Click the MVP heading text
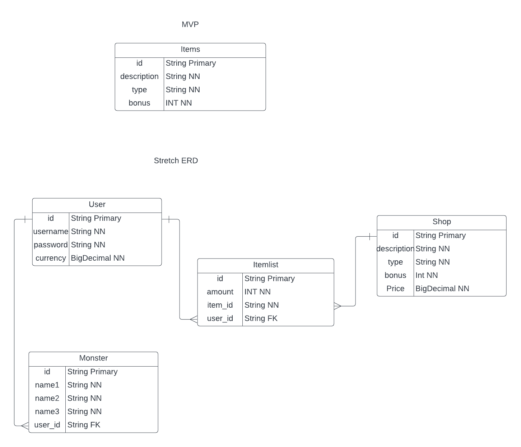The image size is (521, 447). click(x=190, y=24)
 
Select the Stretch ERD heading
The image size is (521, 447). click(x=176, y=160)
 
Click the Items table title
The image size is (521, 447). click(x=190, y=50)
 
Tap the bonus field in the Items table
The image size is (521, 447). click(x=139, y=103)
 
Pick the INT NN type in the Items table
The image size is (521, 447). click(x=178, y=103)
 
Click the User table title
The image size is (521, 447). click(x=97, y=204)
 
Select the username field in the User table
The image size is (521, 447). click(x=51, y=232)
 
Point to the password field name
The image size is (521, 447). click(x=51, y=245)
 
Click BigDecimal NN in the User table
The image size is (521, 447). click(x=98, y=258)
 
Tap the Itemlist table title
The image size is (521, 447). click(x=265, y=265)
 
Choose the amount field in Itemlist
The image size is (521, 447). click(x=220, y=292)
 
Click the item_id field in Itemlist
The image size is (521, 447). click(x=220, y=305)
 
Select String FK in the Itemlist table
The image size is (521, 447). click(x=261, y=318)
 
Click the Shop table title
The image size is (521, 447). click(x=441, y=222)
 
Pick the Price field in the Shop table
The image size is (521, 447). click(x=395, y=289)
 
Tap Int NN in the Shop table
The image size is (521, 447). click(x=427, y=275)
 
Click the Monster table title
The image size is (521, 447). click(x=93, y=358)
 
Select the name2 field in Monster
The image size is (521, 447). click(x=47, y=398)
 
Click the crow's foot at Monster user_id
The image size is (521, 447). click(x=24, y=426)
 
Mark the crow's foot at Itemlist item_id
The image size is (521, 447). click(x=338, y=306)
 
